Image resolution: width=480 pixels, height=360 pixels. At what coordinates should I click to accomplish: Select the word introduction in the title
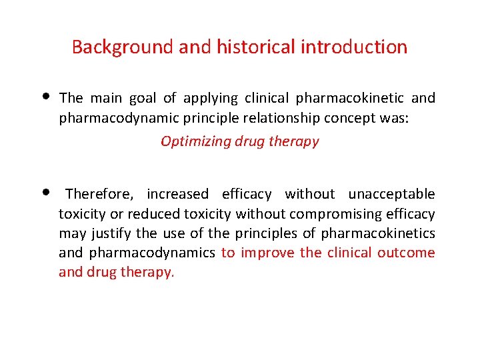354,47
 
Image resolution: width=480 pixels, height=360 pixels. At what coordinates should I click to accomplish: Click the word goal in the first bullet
139,99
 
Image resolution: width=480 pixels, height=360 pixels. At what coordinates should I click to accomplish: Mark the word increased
177,194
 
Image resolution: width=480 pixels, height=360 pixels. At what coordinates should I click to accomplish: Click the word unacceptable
391,194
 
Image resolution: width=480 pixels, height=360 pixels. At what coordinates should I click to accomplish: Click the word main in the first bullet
106,99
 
